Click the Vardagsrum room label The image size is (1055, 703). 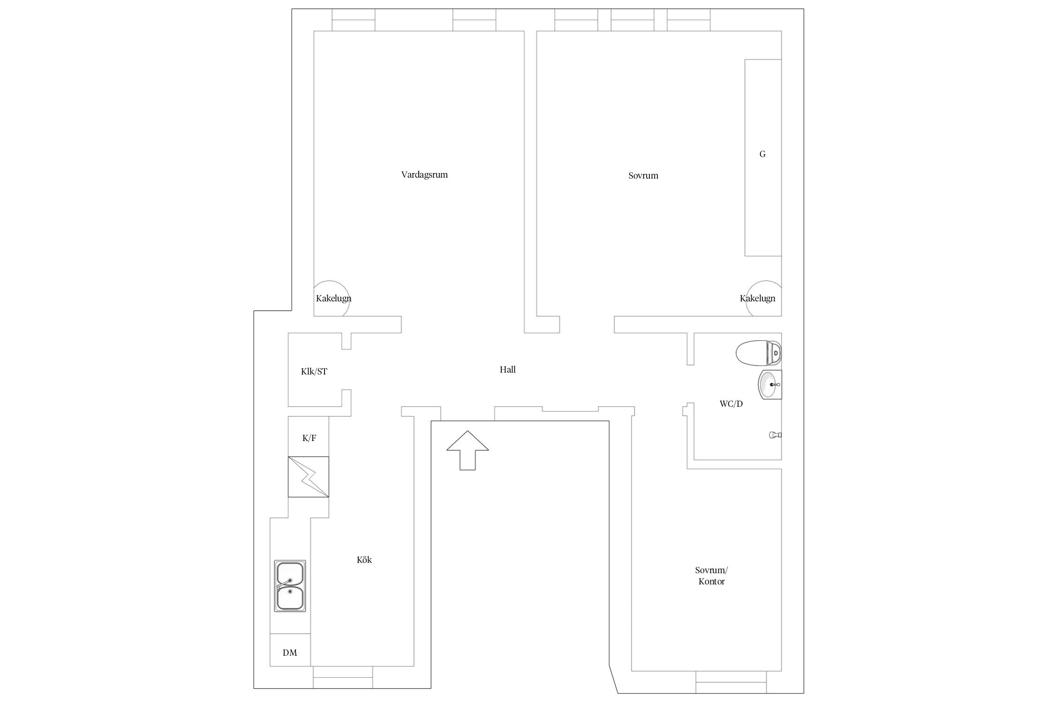coord(424,175)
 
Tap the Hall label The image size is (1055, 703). coord(507,370)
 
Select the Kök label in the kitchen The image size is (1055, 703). coord(364,560)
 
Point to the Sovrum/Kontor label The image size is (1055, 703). coord(711,576)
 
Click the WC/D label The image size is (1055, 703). coord(731,404)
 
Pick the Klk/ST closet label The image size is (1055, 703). coord(314,372)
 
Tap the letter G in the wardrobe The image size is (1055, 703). coord(762,154)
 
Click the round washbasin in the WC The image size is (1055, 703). coord(770,384)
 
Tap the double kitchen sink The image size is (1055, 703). coord(290,586)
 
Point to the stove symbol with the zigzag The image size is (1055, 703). coord(308,477)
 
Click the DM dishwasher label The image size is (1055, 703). coord(290,652)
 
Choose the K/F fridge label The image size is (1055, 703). coord(309,438)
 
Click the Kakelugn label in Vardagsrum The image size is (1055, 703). coord(333,299)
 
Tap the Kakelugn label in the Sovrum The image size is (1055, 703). coord(757,299)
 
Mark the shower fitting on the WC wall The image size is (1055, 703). coord(775,435)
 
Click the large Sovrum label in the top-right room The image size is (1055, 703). coord(643,176)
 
